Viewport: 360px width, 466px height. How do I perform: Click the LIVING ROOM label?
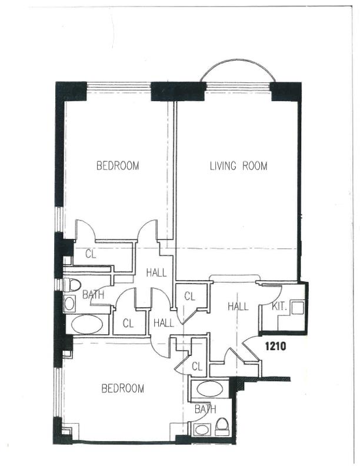point(238,165)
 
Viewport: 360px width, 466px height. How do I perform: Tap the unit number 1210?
point(275,346)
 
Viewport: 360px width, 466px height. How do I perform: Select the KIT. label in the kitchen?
point(279,307)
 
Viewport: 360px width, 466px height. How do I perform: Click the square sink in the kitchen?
point(298,308)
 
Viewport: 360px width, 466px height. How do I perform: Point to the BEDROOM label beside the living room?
point(118,165)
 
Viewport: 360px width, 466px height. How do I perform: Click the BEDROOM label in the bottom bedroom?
point(123,388)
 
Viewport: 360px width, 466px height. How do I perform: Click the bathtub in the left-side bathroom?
point(87,325)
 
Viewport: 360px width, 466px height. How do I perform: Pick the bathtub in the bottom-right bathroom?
point(209,389)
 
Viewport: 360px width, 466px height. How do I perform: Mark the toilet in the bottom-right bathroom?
point(222,427)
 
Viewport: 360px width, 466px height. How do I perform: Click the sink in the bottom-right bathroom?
point(202,430)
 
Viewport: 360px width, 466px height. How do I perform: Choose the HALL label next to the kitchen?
point(238,307)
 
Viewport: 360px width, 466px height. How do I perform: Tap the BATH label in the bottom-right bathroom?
point(205,410)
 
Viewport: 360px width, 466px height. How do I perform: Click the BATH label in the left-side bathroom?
point(94,295)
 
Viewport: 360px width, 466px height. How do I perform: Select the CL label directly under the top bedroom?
point(91,254)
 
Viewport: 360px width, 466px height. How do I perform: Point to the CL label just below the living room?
point(189,297)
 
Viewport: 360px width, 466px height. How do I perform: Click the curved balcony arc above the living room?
point(238,60)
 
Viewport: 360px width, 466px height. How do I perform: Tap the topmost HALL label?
point(156,272)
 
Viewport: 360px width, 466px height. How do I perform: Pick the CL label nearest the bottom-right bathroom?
point(197,367)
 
